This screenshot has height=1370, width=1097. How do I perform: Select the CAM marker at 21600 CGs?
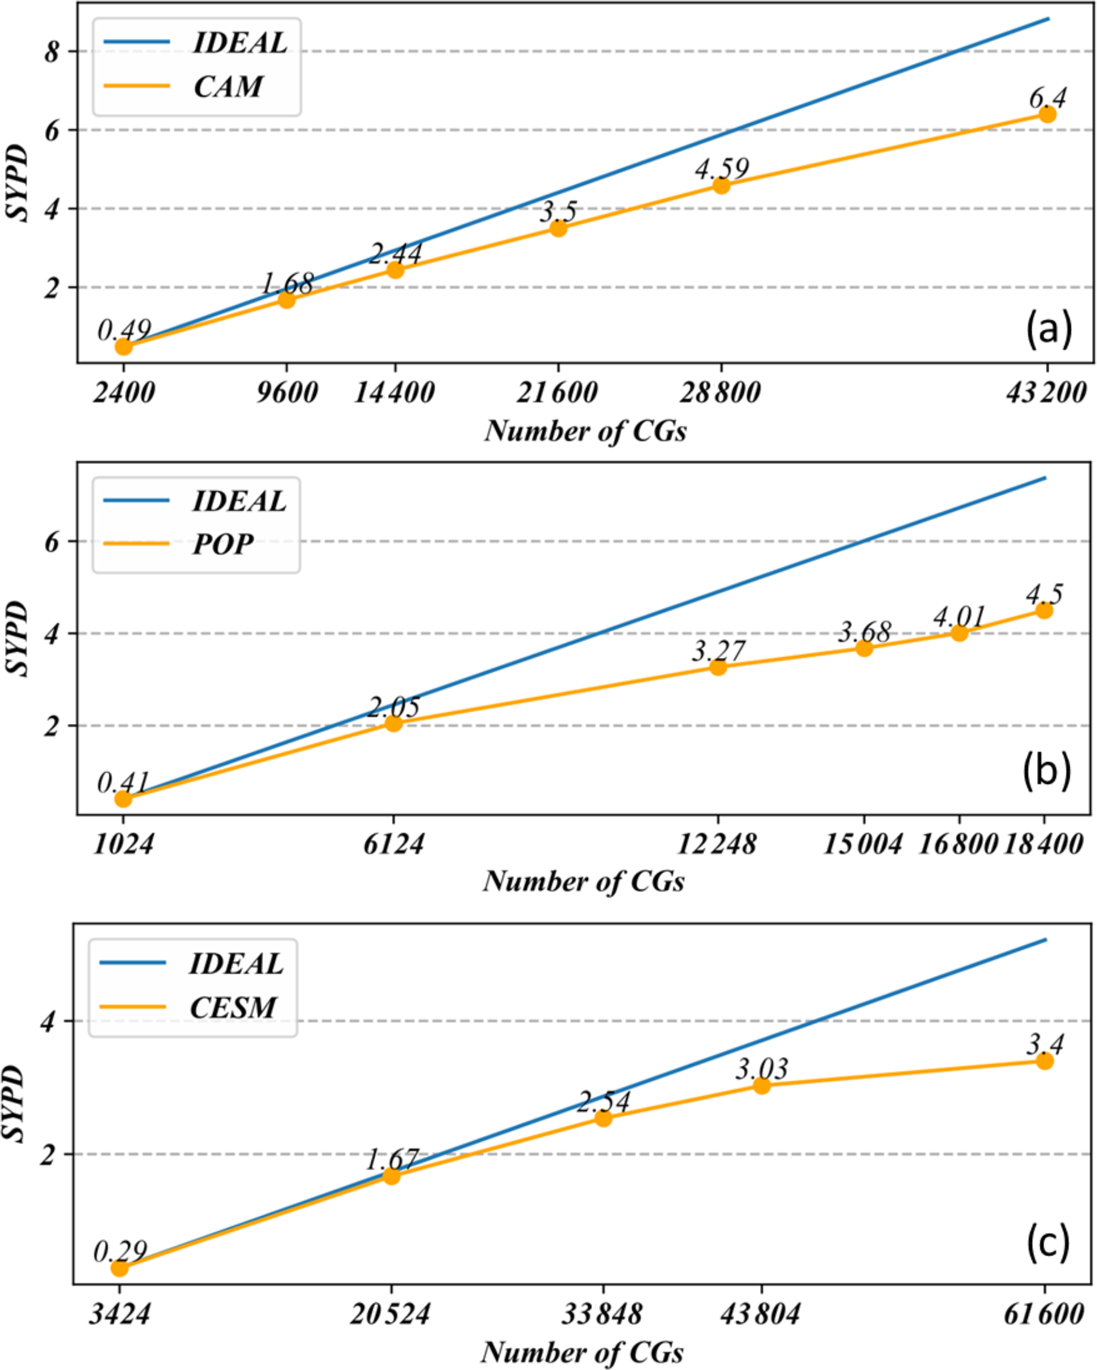[x=558, y=228]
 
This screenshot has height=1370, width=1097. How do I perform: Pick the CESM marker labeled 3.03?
[x=762, y=1085]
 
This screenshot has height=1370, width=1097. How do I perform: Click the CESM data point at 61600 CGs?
[x=1045, y=1061]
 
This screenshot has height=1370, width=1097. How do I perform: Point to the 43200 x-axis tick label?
[x=1046, y=393]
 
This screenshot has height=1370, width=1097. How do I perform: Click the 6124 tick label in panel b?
[x=394, y=844]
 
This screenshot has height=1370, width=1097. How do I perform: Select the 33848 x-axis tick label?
[x=602, y=1313]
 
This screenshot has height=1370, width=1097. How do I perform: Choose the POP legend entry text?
[x=223, y=544]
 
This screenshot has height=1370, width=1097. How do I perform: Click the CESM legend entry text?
[x=233, y=1007]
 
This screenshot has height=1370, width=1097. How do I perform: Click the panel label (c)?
[x=1048, y=1244]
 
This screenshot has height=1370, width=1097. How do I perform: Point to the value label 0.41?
[x=123, y=783]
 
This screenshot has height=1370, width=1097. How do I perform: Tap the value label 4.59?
[x=722, y=169]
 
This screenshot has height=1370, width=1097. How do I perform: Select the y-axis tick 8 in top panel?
[x=52, y=51]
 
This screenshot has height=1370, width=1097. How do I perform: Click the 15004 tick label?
[x=862, y=844]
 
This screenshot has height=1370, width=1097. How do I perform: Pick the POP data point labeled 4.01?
[x=959, y=633]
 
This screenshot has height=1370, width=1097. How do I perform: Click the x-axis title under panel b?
[x=584, y=881]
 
